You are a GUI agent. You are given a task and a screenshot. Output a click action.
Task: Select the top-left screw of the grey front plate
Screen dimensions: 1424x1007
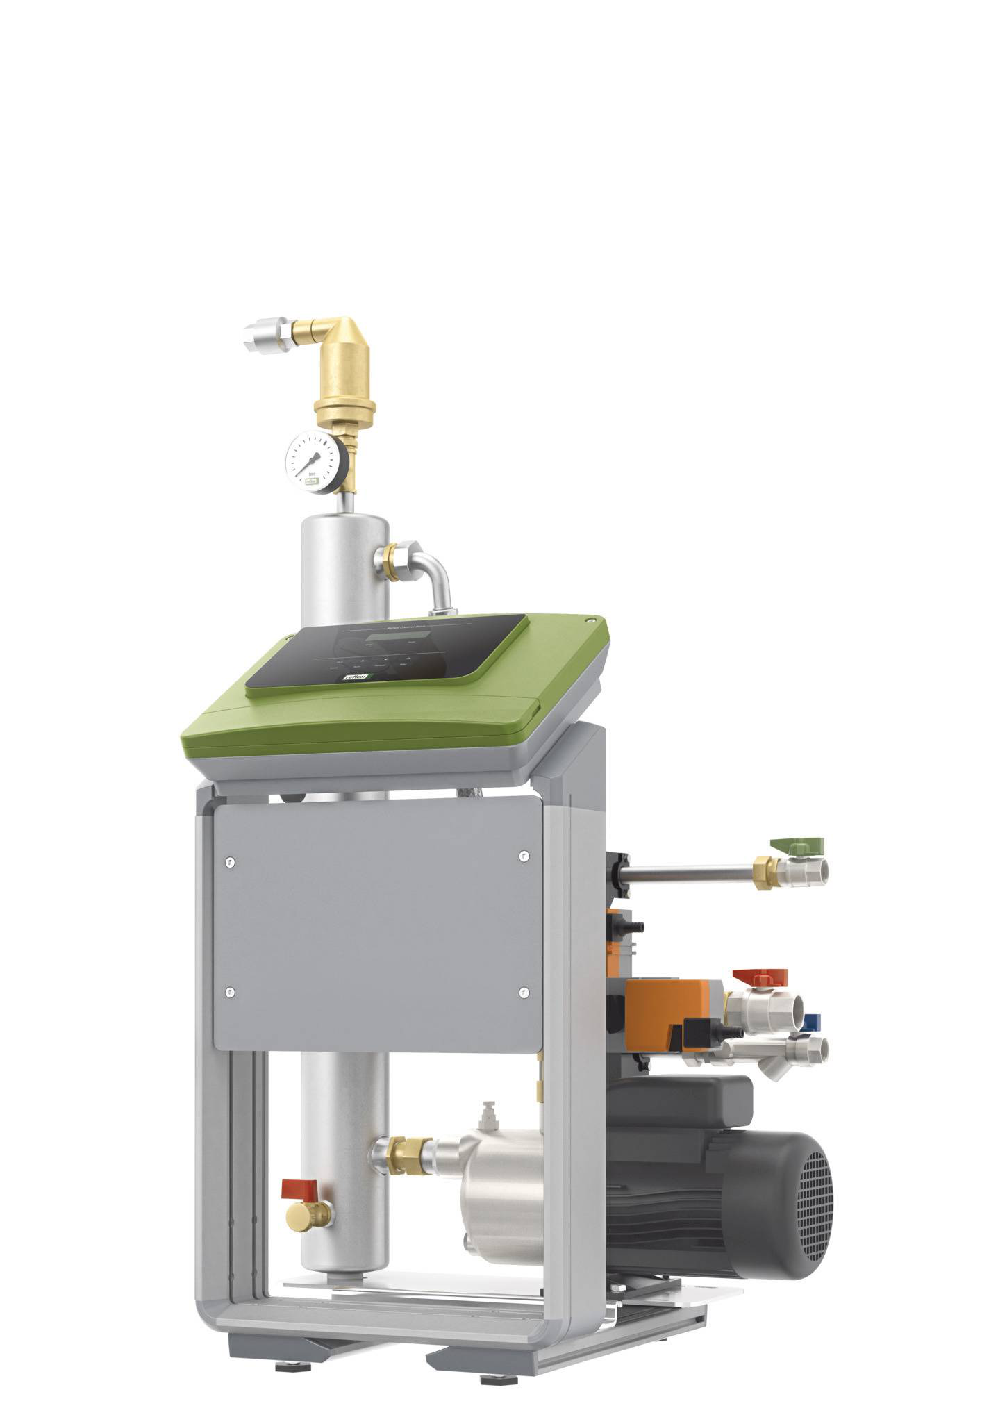[228, 862]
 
